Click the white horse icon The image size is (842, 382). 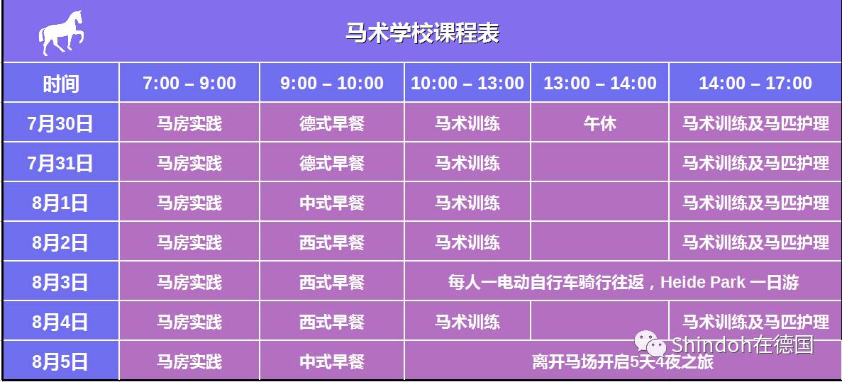coord(61,33)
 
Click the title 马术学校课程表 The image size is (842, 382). coord(422,33)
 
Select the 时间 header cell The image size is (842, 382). coord(61,83)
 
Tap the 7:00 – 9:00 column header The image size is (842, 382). coord(189,83)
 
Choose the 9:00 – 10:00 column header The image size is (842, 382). coord(332,83)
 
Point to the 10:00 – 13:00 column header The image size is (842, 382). coord(467,83)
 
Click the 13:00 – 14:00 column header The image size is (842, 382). coord(600,83)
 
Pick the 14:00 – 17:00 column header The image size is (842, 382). coord(755,83)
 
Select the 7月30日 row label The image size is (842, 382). coord(61,123)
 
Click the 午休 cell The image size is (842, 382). coord(600,123)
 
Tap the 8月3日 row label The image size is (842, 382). coord(61,282)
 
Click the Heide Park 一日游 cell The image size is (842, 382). coord(623,282)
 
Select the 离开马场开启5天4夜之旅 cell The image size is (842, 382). coord(623,361)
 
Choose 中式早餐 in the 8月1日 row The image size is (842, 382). coord(332,203)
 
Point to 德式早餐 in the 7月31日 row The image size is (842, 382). coord(332,163)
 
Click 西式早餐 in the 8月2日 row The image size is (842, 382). coord(332,242)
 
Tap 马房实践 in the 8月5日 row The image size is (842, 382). coord(189,361)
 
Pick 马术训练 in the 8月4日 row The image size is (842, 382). coord(467,322)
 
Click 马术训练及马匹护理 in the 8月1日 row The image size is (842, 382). coord(755,203)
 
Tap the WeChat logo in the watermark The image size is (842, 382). coord(650,343)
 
